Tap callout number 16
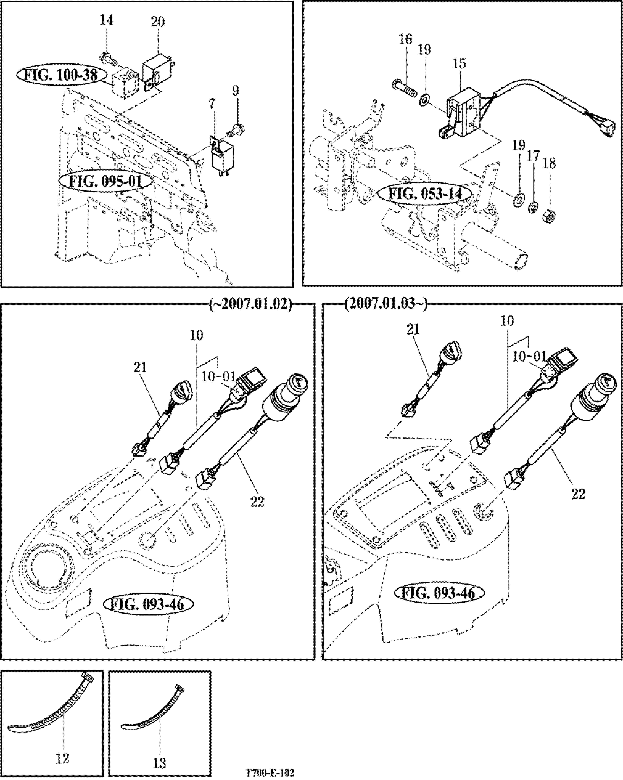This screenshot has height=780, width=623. coord(406,39)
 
